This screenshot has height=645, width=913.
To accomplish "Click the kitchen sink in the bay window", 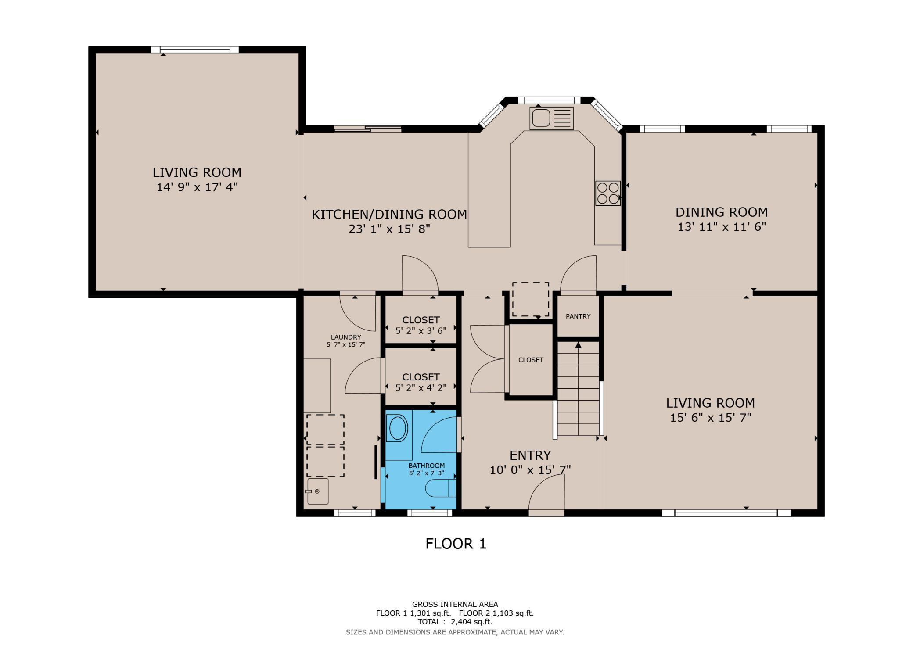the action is pyautogui.click(x=551, y=118).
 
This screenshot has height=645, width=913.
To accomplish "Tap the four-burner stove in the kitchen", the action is pyautogui.click(x=608, y=193).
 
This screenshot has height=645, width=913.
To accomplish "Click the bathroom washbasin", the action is pyautogui.click(x=398, y=428).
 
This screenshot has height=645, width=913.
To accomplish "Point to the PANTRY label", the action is pyautogui.click(x=578, y=316).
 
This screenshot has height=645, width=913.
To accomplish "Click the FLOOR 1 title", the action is pyautogui.click(x=456, y=544).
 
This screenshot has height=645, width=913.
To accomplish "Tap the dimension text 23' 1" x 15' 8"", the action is pyautogui.click(x=389, y=229).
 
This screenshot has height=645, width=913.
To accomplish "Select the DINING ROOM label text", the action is pyautogui.click(x=722, y=212).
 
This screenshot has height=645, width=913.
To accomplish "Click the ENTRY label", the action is pyautogui.click(x=530, y=455).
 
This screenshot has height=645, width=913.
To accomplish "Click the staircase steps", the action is pyautogui.click(x=578, y=389).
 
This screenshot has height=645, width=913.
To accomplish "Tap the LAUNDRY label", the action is pyautogui.click(x=346, y=337).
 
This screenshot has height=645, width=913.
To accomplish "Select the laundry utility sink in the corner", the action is pyautogui.click(x=318, y=491).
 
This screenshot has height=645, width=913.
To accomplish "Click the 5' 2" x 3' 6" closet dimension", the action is pyautogui.click(x=421, y=331).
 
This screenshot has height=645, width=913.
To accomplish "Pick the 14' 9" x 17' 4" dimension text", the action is pyautogui.click(x=197, y=187).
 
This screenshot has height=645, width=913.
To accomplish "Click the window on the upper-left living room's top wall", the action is pyautogui.click(x=195, y=50).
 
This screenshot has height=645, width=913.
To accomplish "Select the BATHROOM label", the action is pyautogui.click(x=427, y=466).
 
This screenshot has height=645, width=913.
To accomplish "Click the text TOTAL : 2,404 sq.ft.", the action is pyautogui.click(x=455, y=622).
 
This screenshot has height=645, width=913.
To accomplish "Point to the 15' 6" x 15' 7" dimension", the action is pyautogui.click(x=711, y=418).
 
